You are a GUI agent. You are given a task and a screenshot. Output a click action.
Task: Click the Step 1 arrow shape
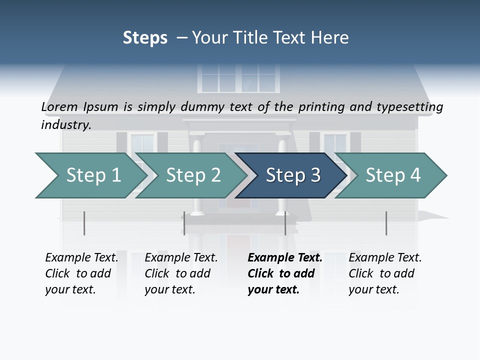coord(92,175)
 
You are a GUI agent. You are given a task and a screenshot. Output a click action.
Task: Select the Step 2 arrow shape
coord(192,175)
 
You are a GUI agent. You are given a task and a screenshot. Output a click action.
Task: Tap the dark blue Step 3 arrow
coord(292,175)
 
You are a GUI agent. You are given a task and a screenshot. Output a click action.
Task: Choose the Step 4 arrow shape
coord(392,175)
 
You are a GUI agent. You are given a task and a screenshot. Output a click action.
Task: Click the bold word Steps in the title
coord(145,38)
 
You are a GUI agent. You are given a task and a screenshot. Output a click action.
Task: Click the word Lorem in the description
coord(59,107)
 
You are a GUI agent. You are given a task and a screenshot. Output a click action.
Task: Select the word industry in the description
coord(65,124)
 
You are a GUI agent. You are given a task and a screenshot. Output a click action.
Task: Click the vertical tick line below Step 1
coord(84,223)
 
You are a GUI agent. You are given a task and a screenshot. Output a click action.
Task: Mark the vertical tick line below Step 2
coord(184,223)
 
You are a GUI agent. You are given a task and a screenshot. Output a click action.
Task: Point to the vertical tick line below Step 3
coord(285,223)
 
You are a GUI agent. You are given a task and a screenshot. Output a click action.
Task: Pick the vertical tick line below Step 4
coord(386,223)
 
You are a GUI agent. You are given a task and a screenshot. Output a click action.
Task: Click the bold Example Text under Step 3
coord(285,258)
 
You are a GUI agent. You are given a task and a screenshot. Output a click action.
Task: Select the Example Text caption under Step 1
coord(81,258)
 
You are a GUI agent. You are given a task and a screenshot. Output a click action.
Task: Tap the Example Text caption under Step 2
coord(181,258)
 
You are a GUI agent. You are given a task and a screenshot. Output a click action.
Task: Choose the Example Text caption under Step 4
coord(385,258)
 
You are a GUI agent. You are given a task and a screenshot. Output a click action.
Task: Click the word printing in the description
coord(321,107)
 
